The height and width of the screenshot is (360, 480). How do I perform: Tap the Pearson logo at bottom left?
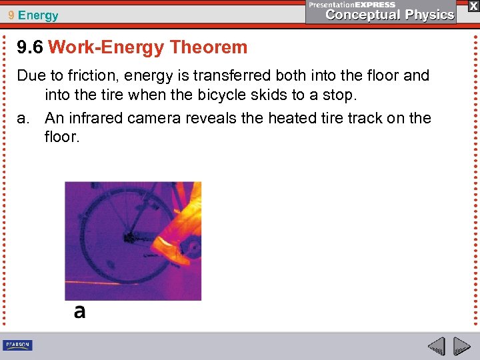[17, 345]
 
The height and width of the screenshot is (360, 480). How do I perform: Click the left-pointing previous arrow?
[436, 346]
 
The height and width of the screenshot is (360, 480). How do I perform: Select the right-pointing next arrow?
[461, 346]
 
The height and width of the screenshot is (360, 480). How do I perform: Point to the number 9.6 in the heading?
[31, 47]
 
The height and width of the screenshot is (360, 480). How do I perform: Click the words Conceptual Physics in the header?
[390, 15]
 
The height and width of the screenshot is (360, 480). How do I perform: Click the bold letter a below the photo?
[79, 311]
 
